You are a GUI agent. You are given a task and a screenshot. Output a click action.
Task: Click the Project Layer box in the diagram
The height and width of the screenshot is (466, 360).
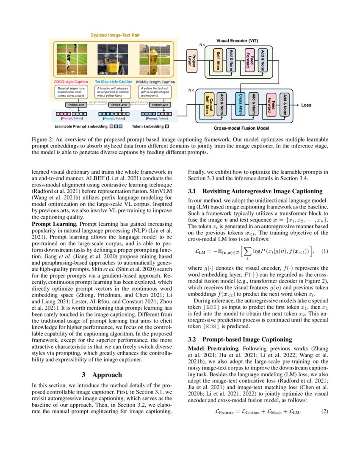point(191,61)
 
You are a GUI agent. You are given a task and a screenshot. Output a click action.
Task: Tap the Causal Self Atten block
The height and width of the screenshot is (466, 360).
point(208,104)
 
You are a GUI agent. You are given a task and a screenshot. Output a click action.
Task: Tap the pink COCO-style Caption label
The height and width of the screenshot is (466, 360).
point(71,81)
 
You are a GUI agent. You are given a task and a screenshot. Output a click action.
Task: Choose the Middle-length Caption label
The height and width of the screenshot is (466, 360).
point(155,81)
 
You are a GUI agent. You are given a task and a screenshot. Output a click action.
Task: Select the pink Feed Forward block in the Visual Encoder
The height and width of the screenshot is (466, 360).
point(250,60)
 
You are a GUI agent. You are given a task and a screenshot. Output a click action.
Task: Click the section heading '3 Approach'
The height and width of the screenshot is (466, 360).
point(102,374)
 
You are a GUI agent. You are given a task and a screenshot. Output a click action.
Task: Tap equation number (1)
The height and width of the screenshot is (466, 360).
point(324,251)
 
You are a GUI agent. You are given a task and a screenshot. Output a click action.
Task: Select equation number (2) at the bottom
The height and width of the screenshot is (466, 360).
point(324,411)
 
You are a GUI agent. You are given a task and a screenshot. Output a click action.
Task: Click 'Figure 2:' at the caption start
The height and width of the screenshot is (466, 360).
point(43,139)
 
